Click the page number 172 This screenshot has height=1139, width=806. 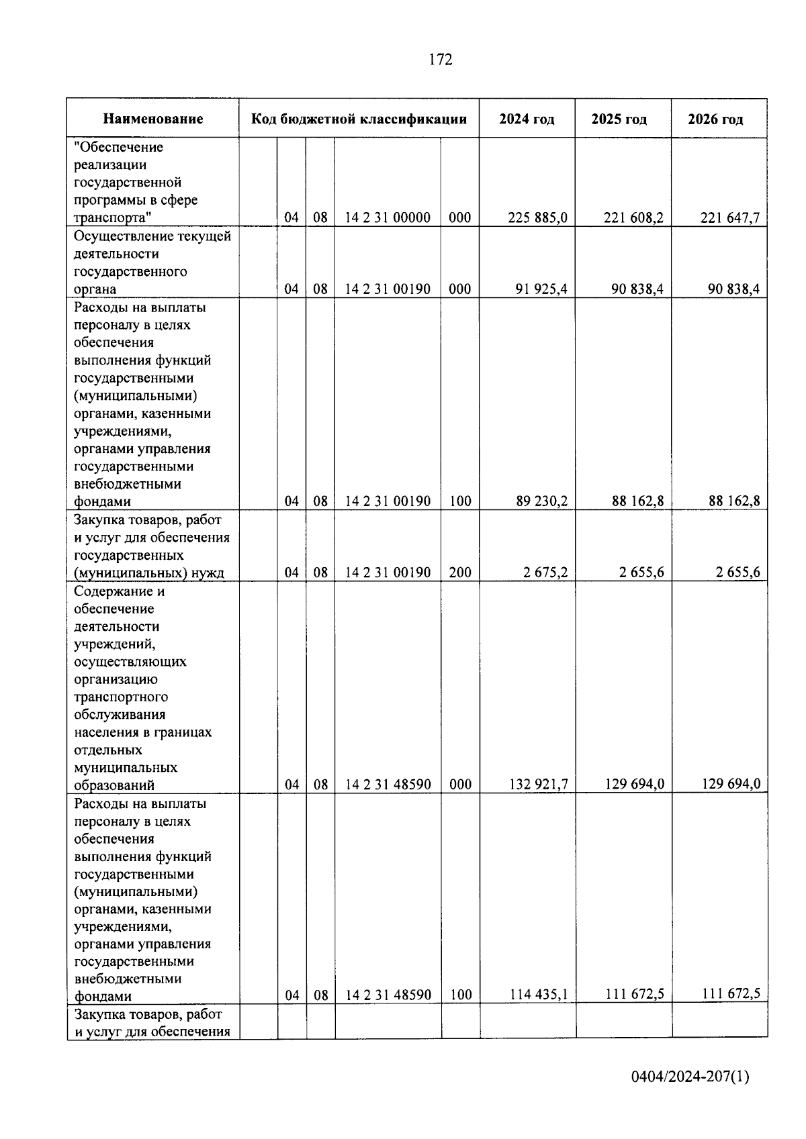440,60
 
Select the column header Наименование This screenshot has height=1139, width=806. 152,119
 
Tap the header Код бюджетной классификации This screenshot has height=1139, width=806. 359,119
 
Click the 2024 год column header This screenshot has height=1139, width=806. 527,119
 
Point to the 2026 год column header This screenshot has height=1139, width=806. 715,119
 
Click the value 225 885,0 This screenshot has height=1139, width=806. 538,217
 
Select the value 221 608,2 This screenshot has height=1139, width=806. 634,217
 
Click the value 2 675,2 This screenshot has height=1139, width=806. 546,573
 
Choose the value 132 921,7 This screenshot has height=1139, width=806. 538,784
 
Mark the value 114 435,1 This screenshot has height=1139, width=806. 538,995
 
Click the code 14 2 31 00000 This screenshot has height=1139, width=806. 388,217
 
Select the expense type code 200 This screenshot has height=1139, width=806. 460,573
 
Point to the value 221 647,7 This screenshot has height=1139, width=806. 730,217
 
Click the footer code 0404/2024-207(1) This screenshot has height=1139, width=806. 690,1077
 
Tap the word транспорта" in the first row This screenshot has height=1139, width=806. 112,217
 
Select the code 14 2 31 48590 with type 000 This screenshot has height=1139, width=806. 388,784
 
